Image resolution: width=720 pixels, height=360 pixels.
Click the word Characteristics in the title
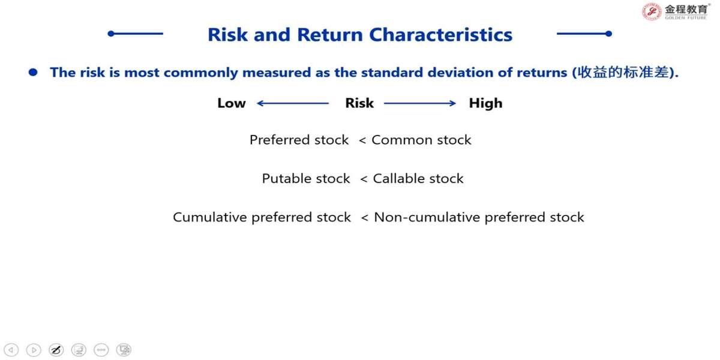(x=440, y=35)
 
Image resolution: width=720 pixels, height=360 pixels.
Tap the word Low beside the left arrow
(x=232, y=103)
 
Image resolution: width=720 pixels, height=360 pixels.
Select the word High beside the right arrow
(x=485, y=103)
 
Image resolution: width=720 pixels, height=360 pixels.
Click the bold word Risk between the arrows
(x=359, y=103)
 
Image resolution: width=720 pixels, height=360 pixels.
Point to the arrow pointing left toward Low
(x=293, y=103)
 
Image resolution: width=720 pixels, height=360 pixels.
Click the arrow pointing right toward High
(x=420, y=103)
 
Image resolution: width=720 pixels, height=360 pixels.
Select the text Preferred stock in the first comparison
(x=299, y=140)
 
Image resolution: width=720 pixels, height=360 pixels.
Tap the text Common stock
(x=421, y=140)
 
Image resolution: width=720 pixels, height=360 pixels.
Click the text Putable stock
(x=305, y=178)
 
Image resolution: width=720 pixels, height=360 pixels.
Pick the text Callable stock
(x=418, y=178)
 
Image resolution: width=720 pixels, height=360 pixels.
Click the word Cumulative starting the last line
(x=210, y=217)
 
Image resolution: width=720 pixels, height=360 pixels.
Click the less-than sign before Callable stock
(x=364, y=179)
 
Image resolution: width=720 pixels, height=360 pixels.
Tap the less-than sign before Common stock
(x=362, y=140)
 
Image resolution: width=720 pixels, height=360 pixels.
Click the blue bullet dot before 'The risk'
(x=33, y=73)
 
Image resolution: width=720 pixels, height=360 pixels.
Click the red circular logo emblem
(x=652, y=11)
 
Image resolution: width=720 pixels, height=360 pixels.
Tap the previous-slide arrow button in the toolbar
(x=11, y=350)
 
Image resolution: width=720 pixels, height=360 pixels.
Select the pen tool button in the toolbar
(x=56, y=350)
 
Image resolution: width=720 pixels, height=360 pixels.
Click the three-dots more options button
(x=101, y=350)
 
